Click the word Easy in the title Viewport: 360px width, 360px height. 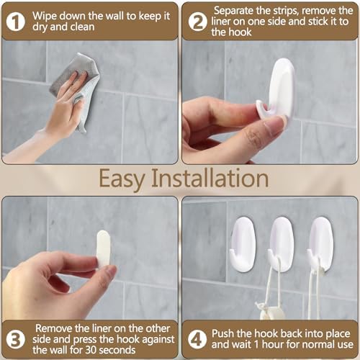pyautogui.click(x=126, y=177)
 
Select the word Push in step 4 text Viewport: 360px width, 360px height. pyautogui.click(x=224, y=333)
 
